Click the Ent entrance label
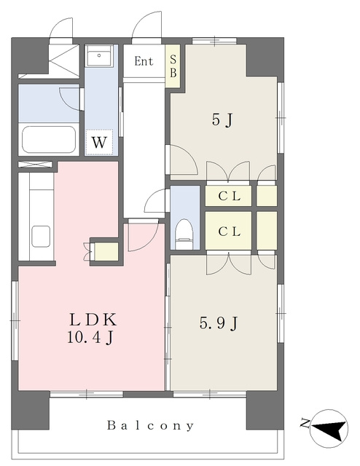click(144, 61)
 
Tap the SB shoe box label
click(173, 66)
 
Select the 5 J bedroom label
click(222, 120)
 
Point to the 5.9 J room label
click(219, 323)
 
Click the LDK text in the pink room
click(93, 320)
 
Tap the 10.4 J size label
click(90, 337)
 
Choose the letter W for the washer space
click(99, 143)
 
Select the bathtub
click(49, 140)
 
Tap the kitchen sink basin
click(41, 236)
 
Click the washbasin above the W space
click(99, 55)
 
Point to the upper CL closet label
click(229, 196)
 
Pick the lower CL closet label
click(229, 232)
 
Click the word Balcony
click(150, 425)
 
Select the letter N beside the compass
click(305, 423)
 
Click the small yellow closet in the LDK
click(106, 252)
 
